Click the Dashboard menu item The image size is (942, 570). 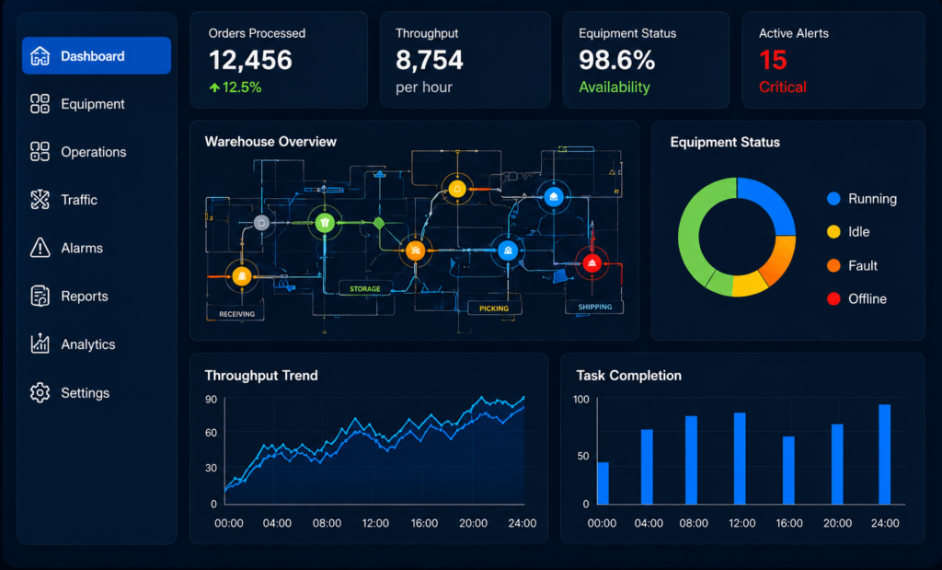pos(96,55)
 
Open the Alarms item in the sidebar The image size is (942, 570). pos(66,248)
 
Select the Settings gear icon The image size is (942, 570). pos(40,392)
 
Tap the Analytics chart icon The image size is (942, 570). pos(40,343)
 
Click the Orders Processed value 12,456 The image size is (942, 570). pos(250,60)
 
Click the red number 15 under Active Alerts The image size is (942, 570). pos(773,60)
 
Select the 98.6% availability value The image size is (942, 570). pos(616,60)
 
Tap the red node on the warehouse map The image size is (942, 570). pos(592,262)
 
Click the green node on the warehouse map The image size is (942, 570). pos(325,223)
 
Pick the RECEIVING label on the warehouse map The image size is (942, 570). pos(236,314)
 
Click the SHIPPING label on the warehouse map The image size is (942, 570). pos(595,307)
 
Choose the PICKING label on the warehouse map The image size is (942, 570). pos(494,308)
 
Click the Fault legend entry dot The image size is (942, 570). pos(833,266)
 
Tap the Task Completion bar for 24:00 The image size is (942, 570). pos(884,454)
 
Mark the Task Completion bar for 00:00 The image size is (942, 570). pos(603,483)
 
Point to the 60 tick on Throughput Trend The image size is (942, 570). pos(211,432)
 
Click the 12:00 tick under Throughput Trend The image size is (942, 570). pos(375,523)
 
